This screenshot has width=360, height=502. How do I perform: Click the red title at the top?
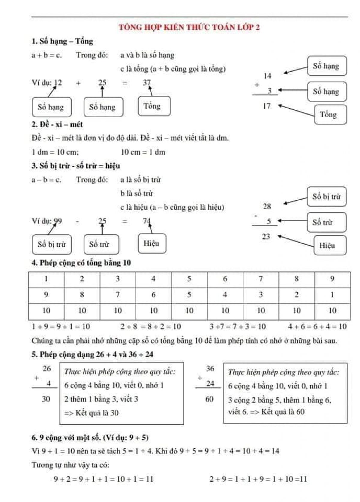tap(189, 27)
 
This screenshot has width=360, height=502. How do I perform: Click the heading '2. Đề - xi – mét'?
tap(57, 124)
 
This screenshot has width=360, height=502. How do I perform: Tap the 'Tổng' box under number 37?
tap(154, 106)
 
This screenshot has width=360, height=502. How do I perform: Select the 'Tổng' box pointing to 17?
tap(330, 115)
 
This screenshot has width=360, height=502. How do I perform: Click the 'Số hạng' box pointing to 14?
tap(327, 66)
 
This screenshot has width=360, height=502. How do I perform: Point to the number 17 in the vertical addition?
tap(266, 106)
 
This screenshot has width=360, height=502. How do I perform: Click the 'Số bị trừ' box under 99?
tap(52, 244)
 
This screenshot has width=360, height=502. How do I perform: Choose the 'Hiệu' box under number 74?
tap(152, 243)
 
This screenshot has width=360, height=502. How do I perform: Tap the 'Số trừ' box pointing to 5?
tap(326, 222)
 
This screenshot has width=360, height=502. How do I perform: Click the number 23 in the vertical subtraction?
tap(266, 237)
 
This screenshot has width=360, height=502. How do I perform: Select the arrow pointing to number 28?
tap(295, 200)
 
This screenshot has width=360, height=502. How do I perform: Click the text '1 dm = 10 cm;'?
tap(55, 152)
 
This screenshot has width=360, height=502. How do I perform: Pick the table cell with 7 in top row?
tap(261, 279)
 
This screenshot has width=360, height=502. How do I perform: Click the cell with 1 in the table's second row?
tap(332, 295)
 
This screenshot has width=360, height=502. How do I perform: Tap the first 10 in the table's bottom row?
tap(46, 311)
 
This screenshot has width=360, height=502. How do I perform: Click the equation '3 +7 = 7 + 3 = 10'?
tap(238, 327)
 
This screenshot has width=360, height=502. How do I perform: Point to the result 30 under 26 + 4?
tap(46, 399)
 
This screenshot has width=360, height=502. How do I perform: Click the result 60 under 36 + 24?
tap(209, 399)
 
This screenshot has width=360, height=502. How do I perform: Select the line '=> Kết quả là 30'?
tap(91, 413)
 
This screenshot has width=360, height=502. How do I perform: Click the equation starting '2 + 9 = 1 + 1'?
tap(258, 479)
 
